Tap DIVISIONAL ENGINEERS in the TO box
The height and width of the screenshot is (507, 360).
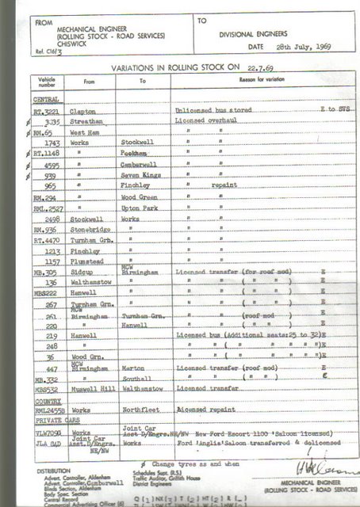point(253,36)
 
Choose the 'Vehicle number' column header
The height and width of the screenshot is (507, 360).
point(46,81)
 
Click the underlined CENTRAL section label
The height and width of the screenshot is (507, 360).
point(46,99)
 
